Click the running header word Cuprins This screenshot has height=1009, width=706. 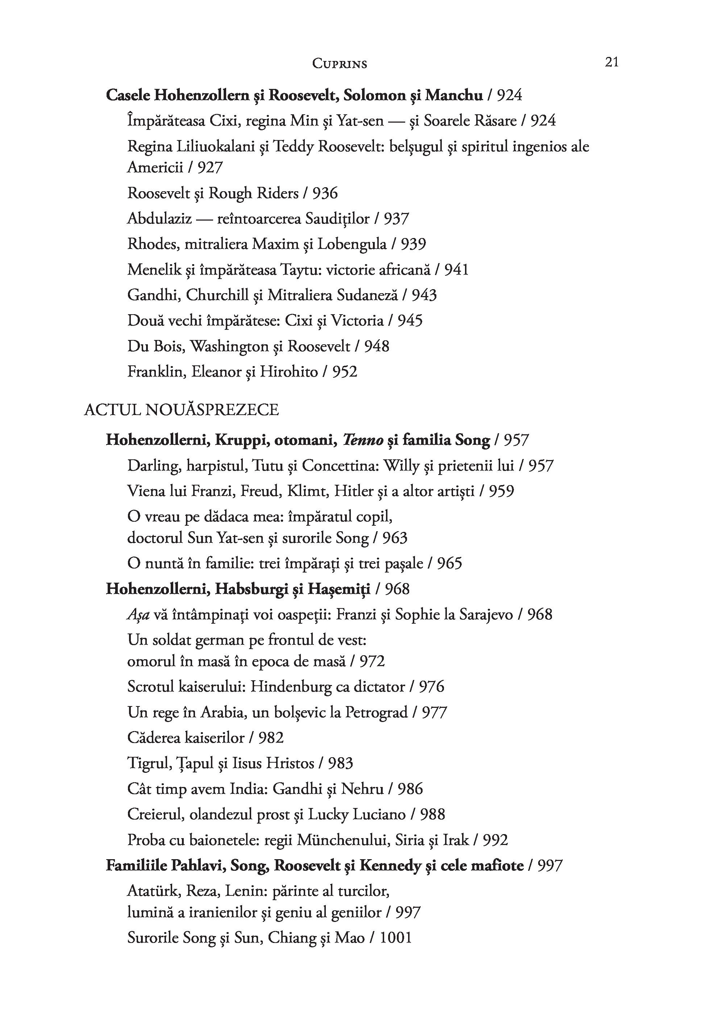click(339, 64)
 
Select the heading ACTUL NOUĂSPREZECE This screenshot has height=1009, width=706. click(181, 410)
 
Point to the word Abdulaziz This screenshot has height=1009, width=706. click(159, 218)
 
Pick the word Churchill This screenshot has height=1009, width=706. click(218, 295)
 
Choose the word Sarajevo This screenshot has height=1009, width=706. click(486, 614)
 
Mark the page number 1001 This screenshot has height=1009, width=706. click(396, 938)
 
